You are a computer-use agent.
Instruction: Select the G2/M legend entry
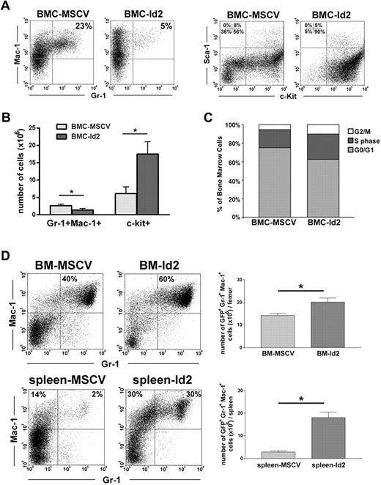click(x=348, y=138)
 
